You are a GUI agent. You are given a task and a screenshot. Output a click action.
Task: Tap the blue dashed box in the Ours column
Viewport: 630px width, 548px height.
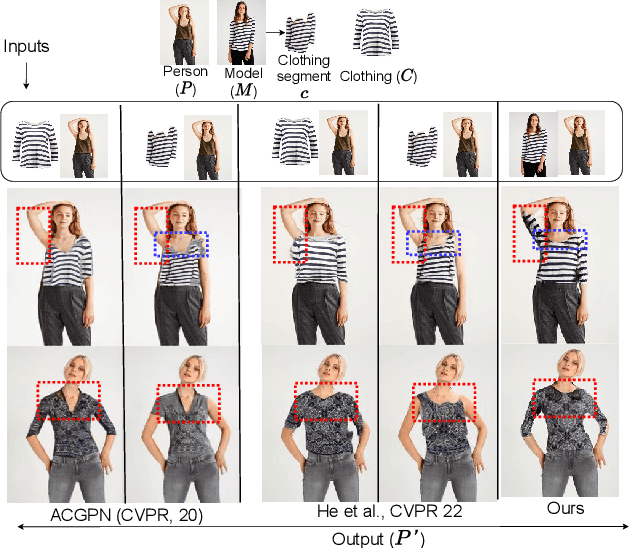tap(559, 239)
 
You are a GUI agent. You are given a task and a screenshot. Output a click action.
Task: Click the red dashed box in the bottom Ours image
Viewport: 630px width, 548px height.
tap(564, 396)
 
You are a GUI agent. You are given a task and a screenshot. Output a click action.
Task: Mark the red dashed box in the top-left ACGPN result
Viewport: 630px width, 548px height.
tap(32, 234)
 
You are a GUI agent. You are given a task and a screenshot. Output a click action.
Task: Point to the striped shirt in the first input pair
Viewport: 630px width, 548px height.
tap(33, 143)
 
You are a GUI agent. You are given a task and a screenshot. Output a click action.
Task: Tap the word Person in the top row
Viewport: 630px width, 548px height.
tap(183, 72)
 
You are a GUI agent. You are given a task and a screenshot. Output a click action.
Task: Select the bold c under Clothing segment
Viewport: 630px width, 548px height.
tap(303, 94)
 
